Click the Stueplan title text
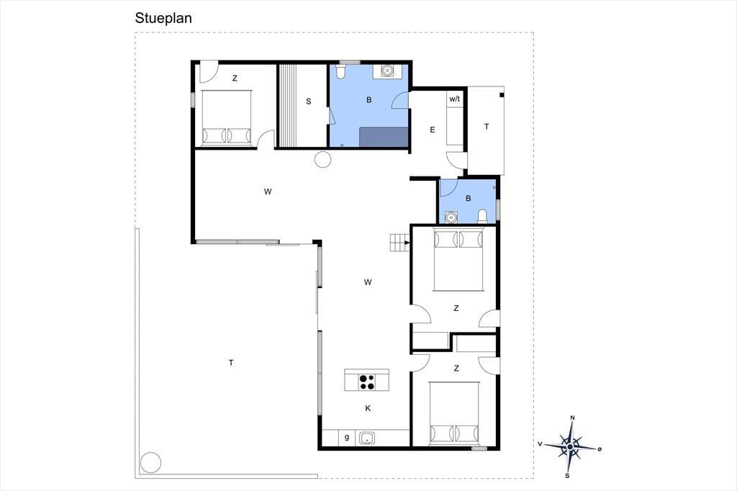(163, 18)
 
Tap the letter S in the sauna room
(308, 101)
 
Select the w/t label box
(455, 99)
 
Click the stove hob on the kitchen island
(366, 382)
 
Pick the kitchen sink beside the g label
(366, 438)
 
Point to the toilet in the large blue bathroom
(340, 71)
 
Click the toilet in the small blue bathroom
(482, 216)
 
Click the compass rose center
(570, 446)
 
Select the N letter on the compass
(572, 418)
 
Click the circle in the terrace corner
(151, 462)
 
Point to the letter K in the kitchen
(368, 408)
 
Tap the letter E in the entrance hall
(433, 130)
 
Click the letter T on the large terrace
(231, 363)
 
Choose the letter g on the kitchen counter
(347, 438)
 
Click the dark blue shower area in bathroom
(384, 137)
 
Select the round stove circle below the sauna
(323, 159)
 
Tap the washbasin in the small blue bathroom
(451, 217)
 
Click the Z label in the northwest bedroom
(235, 78)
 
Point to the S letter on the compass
(567, 475)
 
